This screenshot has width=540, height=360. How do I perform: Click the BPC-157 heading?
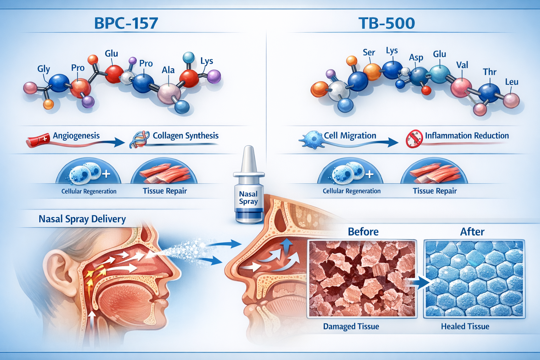click(x=126, y=23)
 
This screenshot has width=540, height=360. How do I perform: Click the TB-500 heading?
click(x=387, y=23)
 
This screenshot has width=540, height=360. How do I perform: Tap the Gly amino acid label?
click(x=44, y=69)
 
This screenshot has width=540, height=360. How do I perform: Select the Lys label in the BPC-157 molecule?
click(x=207, y=61)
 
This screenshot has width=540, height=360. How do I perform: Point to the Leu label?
click(x=512, y=82)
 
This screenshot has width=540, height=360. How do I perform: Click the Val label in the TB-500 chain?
click(x=462, y=65)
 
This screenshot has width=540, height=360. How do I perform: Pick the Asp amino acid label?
click(x=416, y=57)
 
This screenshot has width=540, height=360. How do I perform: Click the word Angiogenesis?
click(x=76, y=136)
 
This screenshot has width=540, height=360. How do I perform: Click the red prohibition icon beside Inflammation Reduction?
click(x=414, y=138)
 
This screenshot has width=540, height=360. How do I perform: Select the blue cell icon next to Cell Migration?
click(x=312, y=140)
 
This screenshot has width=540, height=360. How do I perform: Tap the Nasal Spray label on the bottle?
click(x=248, y=198)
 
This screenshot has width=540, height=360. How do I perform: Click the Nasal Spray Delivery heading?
click(x=82, y=219)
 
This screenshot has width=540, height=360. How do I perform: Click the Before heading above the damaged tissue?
click(x=363, y=232)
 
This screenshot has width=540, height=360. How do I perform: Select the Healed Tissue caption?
click(x=465, y=327)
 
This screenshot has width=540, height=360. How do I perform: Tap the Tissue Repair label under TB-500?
click(x=435, y=191)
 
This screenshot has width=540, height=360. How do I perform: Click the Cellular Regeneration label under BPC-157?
click(x=89, y=192)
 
